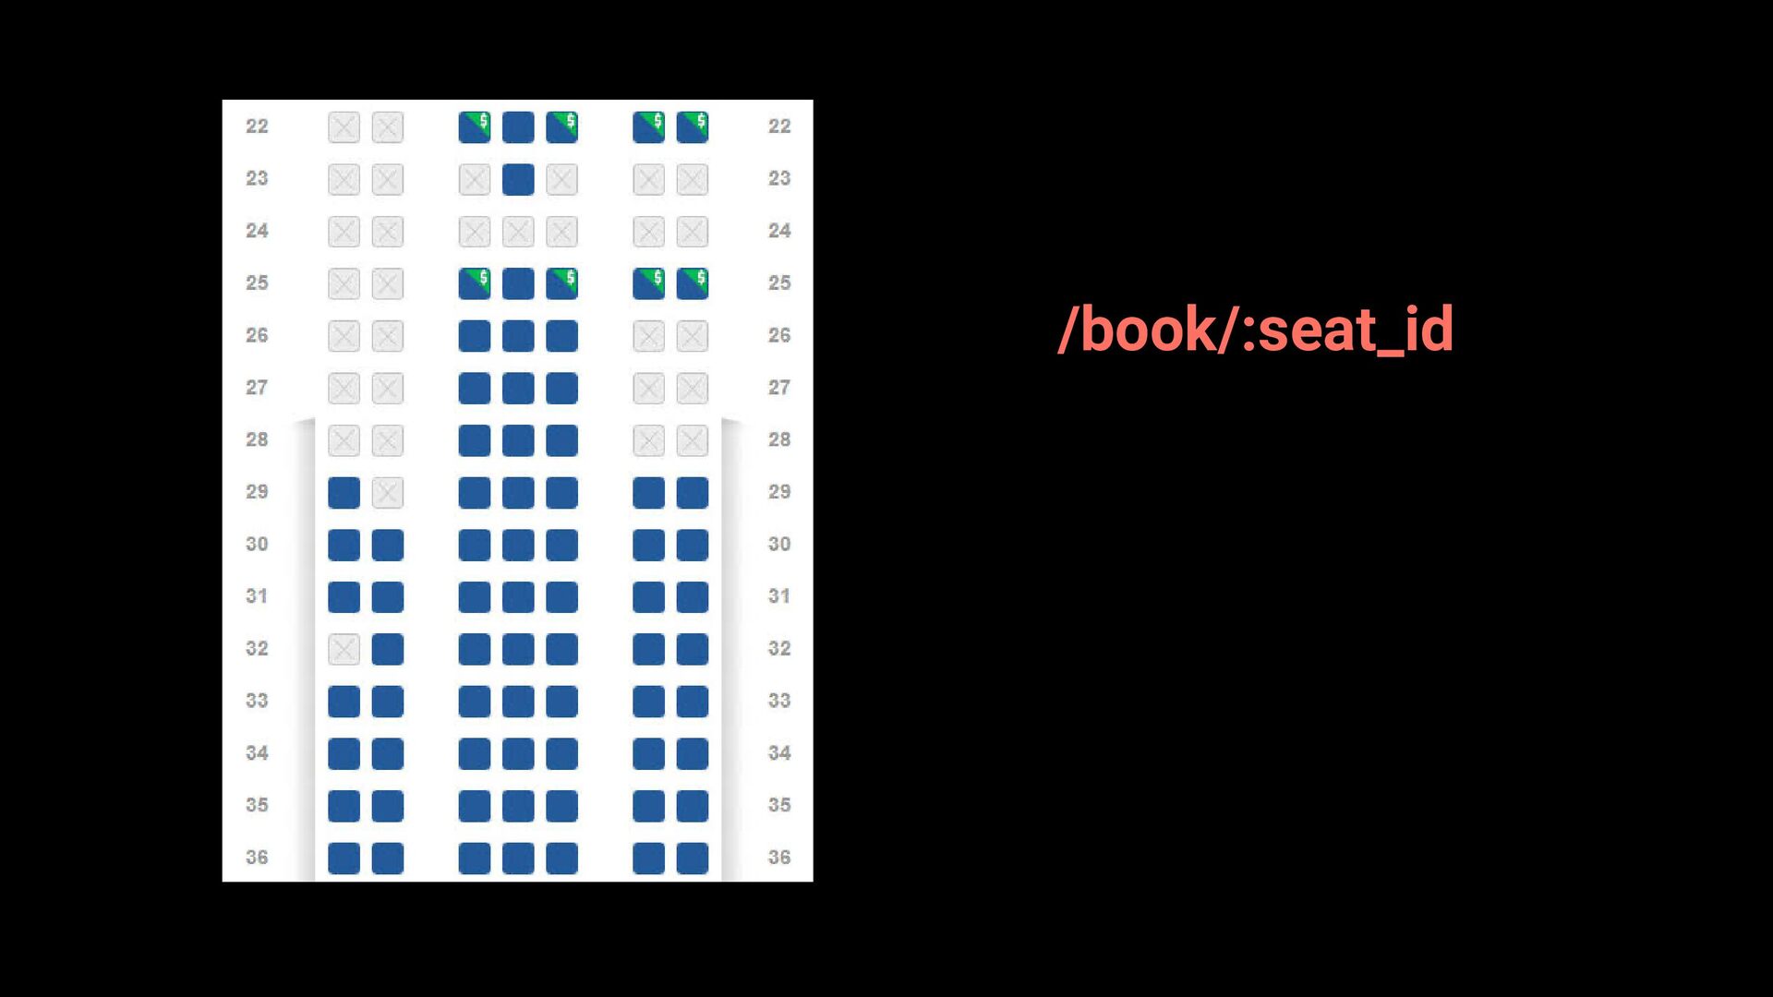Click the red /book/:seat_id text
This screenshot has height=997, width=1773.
[1256, 330]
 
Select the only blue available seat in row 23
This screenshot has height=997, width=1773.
[518, 179]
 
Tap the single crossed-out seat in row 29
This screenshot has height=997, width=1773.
[388, 493]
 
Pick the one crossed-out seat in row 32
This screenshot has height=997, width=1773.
[344, 650]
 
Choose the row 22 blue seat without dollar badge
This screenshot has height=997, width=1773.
[518, 127]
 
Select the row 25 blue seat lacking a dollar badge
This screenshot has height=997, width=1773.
[518, 283]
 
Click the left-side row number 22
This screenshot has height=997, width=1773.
[257, 126]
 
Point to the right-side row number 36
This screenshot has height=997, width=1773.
[779, 858]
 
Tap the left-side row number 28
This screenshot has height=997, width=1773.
[257, 439]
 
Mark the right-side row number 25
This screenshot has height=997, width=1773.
[779, 282]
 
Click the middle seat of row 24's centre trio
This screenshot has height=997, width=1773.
[518, 232]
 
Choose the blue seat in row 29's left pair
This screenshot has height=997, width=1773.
[344, 493]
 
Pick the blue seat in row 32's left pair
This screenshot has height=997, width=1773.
[388, 650]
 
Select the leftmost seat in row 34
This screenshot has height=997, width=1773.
[344, 754]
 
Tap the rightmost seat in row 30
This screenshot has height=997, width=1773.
[693, 545]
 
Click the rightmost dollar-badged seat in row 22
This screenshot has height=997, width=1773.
[693, 127]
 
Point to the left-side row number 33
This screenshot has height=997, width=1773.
[257, 701]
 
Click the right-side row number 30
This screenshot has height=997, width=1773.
[779, 544]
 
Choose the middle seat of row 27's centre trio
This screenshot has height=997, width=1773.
[518, 389]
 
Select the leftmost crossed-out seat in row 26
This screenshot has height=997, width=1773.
[344, 336]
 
